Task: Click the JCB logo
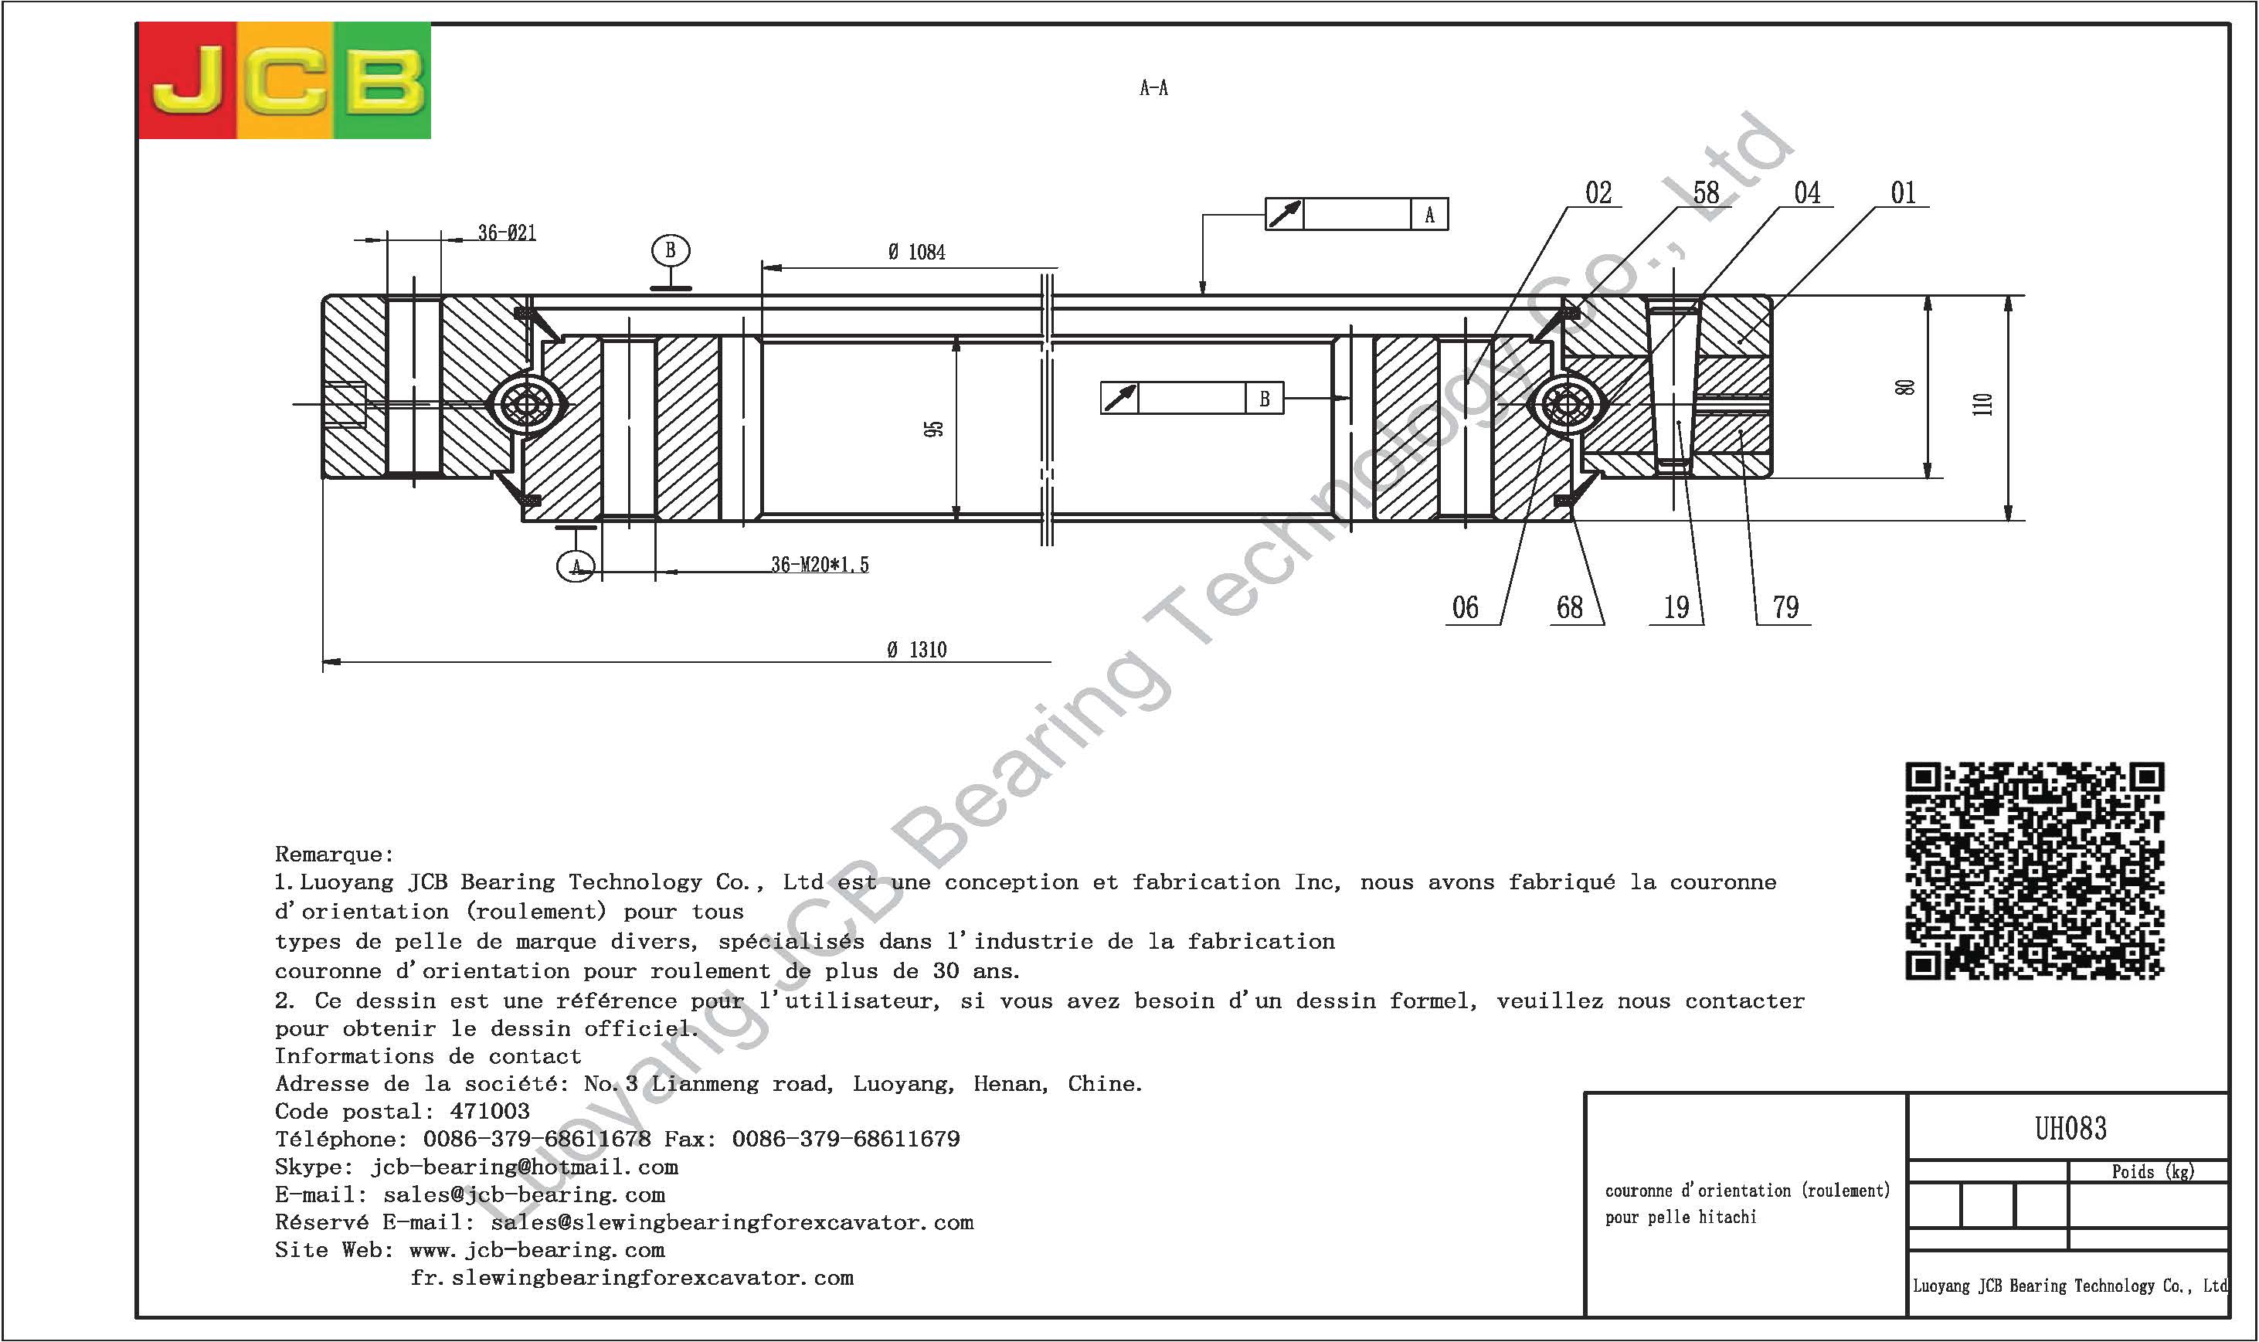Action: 284,80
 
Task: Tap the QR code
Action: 2035,871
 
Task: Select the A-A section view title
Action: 1154,88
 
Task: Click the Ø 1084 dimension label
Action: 916,253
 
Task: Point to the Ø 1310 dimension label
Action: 917,649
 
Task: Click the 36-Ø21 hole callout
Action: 507,233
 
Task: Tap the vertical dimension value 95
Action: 934,428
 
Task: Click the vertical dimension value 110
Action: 1982,403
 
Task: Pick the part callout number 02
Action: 1598,192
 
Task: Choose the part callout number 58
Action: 1706,192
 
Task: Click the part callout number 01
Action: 1903,192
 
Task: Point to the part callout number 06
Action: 1465,606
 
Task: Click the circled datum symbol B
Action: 670,250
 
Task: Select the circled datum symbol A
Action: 576,567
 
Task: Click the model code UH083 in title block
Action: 2070,1129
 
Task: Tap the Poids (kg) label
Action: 2152,1172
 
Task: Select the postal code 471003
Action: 489,1112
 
